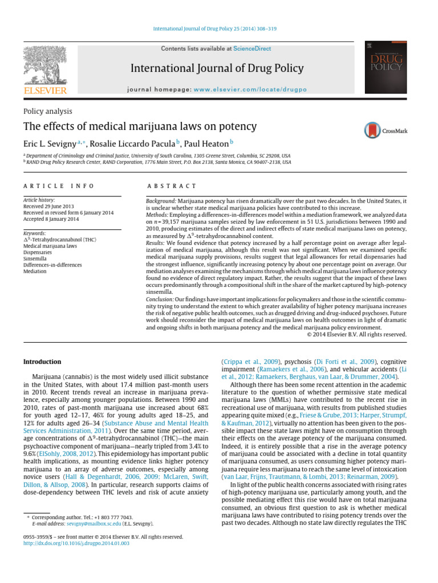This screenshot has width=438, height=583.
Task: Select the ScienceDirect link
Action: pos(252,50)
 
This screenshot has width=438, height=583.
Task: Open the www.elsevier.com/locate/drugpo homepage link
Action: pos(250,90)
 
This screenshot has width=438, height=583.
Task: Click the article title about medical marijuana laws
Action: pos(140,126)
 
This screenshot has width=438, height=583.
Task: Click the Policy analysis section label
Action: pos(47,111)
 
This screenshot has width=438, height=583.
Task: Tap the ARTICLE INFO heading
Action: pos(59,186)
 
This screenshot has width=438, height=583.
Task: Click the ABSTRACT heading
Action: pos(172,186)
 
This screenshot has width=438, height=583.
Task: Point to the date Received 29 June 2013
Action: pos(50,207)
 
